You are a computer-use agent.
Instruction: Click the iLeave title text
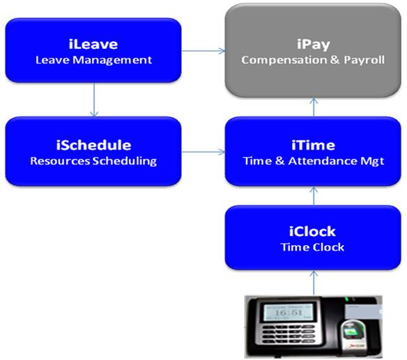point(93,44)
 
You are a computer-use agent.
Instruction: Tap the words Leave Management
point(93,60)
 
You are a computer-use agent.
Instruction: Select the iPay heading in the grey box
point(314,45)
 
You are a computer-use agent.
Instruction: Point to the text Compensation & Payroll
point(313,60)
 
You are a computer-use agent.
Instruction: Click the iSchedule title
point(93,145)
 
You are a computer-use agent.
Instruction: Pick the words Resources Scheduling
point(93,161)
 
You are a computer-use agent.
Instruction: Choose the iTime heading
point(314,145)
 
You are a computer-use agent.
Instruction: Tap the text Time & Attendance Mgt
point(314,161)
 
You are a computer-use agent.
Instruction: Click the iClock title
point(312,231)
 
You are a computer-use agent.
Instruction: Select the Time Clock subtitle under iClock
point(313,247)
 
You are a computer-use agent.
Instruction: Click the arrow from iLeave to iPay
point(203,51)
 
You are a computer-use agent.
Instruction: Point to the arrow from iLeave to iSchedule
point(94,100)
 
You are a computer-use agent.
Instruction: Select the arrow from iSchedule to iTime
point(203,152)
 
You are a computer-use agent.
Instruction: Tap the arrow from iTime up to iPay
point(314,107)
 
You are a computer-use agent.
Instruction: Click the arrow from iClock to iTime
point(314,196)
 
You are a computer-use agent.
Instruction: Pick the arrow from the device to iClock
point(314,283)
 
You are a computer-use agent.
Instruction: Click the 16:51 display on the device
point(289,312)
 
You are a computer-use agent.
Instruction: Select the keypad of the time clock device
point(288,335)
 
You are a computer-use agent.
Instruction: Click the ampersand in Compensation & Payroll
point(335,60)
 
